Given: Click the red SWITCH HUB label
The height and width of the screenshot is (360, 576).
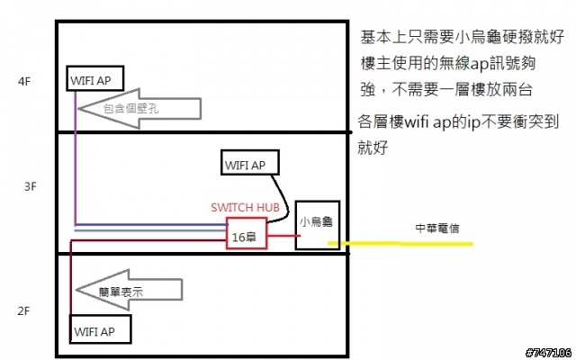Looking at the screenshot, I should [246, 207].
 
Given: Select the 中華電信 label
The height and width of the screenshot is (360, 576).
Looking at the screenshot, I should [436, 228].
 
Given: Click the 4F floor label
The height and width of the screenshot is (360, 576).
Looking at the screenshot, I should [23, 80].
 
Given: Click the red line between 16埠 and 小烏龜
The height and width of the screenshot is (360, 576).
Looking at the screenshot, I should [282, 238].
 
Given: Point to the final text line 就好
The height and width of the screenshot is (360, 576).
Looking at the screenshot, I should [373, 147].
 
